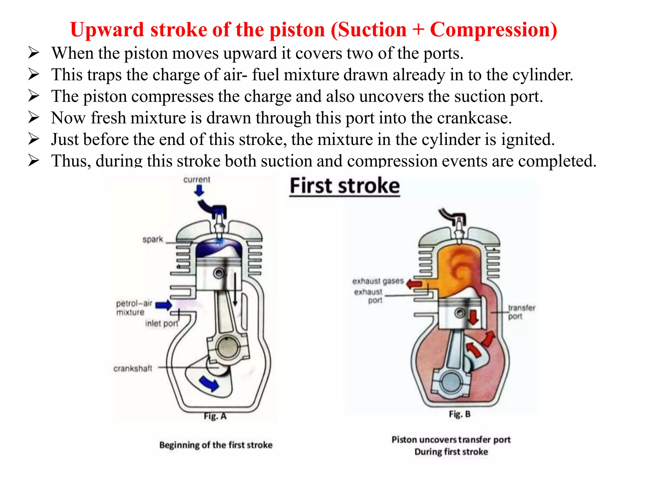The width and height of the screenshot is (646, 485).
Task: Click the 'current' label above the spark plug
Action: [x=197, y=179]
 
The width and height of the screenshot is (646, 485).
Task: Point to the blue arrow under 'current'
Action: [x=199, y=190]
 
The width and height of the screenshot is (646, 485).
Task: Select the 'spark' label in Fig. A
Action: [x=153, y=239]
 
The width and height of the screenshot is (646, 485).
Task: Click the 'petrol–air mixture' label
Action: [x=134, y=308]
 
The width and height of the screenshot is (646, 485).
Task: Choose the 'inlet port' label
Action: [x=161, y=323]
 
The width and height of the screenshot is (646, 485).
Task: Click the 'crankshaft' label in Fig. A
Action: [x=133, y=368]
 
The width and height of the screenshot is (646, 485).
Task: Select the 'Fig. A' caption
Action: [x=215, y=416]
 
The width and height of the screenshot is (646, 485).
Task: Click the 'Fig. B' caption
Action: [x=460, y=414]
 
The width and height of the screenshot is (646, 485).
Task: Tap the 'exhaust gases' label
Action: [x=378, y=281]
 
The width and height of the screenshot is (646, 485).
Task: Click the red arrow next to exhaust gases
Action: [x=414, y=284]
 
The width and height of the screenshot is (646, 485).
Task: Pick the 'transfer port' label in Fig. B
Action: [x=521, y=312]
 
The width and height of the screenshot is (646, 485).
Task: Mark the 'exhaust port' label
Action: [x=368, y=296]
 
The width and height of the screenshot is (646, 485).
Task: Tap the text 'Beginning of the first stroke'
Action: [x=216, y=445]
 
